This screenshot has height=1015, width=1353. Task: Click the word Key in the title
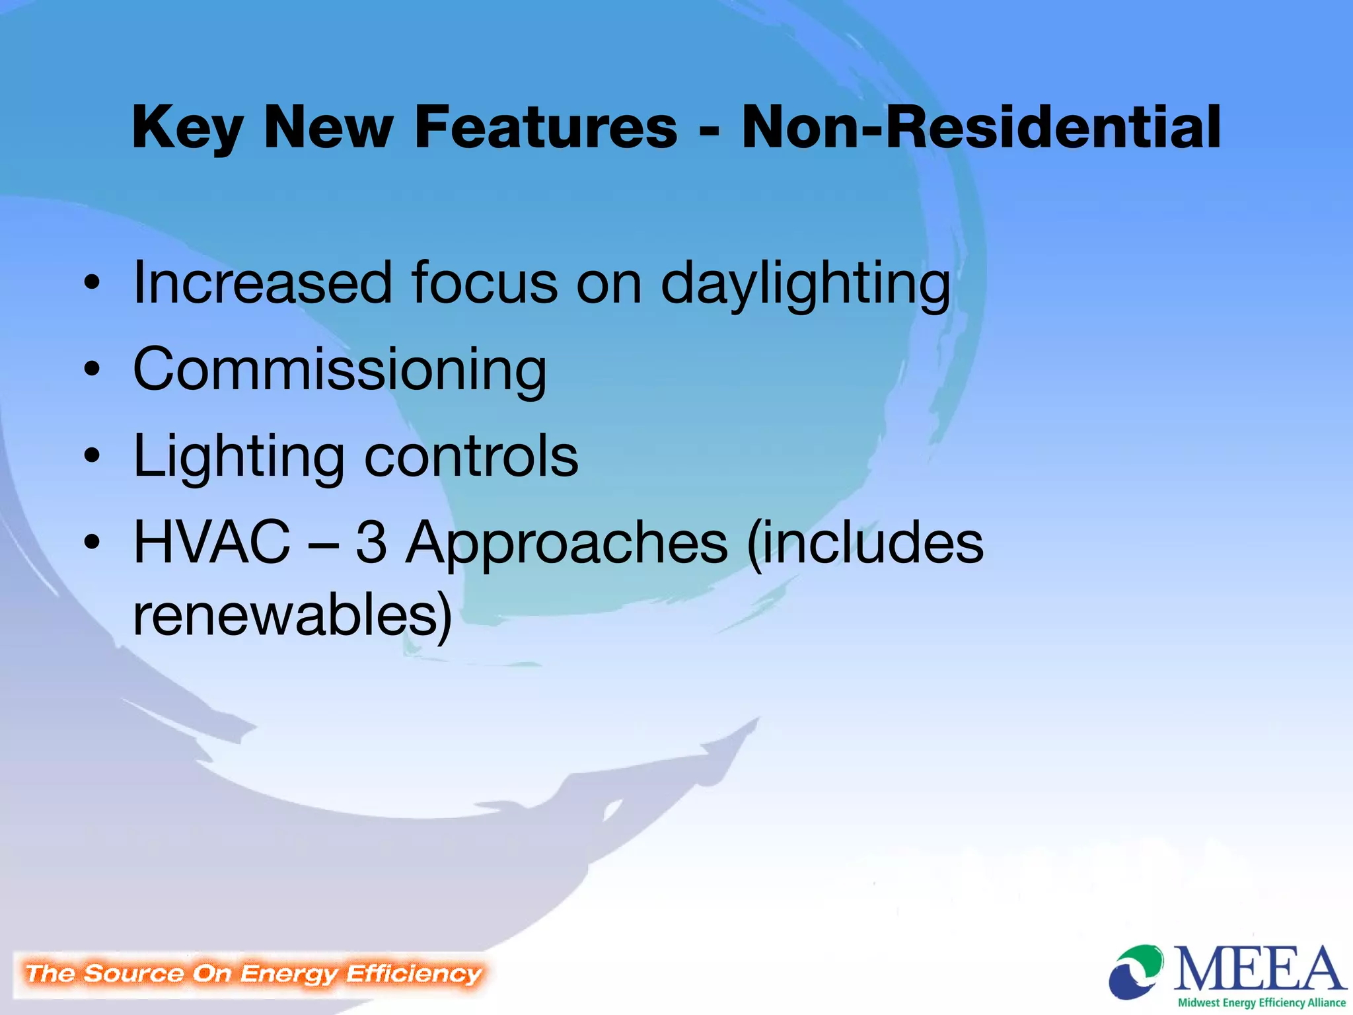[188, 129]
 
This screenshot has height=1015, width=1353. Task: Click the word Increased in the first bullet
[262, 283]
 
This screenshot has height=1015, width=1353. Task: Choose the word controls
[471, 456]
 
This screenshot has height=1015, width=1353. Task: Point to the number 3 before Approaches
[371, 543]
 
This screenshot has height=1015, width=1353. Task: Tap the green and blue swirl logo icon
[1136, 972]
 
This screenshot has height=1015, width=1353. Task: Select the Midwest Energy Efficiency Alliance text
[1261, 1002]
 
